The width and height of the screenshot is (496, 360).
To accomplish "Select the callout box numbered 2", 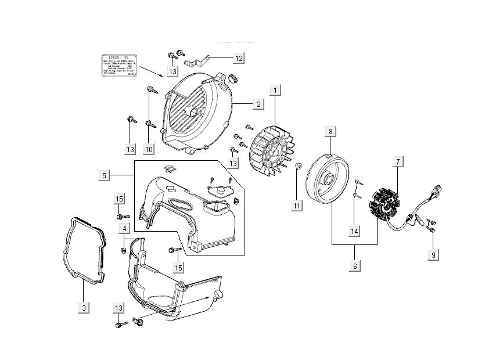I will point(258,104).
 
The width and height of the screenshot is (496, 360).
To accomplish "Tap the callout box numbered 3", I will point(84,307).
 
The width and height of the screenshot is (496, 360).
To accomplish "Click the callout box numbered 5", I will point(104,175).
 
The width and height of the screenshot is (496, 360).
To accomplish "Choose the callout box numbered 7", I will point(397,162).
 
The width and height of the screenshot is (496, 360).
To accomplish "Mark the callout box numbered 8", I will point(330,132).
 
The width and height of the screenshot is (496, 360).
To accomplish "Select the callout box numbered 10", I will point(149,149).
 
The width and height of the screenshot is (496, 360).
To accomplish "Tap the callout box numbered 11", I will point(297,206).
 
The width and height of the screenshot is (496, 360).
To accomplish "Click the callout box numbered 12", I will point(239,57).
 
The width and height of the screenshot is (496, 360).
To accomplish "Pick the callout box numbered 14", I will point(354,231).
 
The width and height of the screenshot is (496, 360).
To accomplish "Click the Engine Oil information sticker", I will point(119,64).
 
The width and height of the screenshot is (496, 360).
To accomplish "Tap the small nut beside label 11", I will point(298,167).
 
